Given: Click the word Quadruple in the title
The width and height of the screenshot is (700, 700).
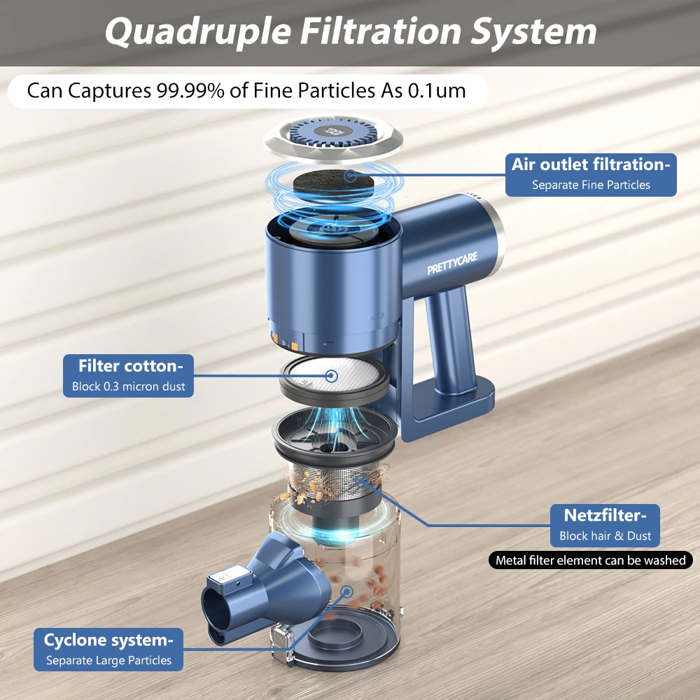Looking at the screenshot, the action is click(198, 31).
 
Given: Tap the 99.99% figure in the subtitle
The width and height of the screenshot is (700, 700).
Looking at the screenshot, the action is click(190, 90).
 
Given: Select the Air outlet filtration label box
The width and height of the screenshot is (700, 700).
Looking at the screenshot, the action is click(591, 174).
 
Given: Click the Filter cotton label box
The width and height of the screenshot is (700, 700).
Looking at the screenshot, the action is click(129, 375).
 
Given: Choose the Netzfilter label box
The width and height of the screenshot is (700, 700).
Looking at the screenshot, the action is click(605, 526).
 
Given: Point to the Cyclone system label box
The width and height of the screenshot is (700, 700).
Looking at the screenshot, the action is click(108, 649).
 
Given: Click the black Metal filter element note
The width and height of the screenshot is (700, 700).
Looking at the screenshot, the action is click(591, 560).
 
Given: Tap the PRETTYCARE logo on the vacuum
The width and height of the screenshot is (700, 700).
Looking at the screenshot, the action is click(452, 263).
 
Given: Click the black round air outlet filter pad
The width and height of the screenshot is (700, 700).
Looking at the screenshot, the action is click(333, 183).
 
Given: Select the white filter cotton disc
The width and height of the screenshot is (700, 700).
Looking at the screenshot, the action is click(334, 376).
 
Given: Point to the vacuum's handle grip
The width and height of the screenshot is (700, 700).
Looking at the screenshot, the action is click(450, 339).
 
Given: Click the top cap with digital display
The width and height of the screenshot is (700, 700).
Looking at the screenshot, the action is click(333, 137).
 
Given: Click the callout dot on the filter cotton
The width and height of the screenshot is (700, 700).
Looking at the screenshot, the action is click(331, 376).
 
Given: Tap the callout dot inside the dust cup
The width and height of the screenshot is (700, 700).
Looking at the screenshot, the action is click(346, 592).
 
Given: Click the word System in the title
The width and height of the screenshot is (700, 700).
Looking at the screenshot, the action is click(534, 31).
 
